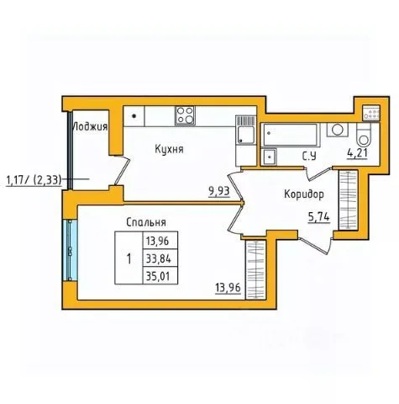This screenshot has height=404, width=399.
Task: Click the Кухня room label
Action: [x=169, y=149]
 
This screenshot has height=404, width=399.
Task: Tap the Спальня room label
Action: [x=146, y=222]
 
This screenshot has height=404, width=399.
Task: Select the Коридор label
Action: [x=304, y=194]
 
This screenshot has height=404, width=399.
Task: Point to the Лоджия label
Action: [x=90, y=127]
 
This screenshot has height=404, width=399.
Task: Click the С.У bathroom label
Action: [x=309, y=157]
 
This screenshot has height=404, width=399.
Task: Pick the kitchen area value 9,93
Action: [x=219, y=191]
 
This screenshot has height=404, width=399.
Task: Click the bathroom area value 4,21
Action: [x=357, y=153]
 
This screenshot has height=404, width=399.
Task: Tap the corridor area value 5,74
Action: [x=318, y=217]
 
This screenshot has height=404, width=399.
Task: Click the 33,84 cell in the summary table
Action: [x=158, y=259]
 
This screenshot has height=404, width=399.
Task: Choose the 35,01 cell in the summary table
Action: [x=158, y=276]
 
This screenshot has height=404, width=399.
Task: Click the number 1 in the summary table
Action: [x=129, y=258]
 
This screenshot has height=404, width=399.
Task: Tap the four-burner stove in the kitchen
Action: [x=185, y=115]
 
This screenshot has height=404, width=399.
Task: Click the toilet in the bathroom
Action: [x=364, y=136]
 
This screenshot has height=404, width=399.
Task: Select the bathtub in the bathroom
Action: [x=290, y=135]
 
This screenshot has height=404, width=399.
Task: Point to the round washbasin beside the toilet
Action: [x=337, y=130]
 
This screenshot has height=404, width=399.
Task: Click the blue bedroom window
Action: [x=70, y=250]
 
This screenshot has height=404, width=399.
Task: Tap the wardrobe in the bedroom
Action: [x=255, y=270]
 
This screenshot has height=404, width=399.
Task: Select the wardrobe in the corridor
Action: [x=348, y=200]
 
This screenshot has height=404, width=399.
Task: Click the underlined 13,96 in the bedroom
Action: [x=228, y=288]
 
